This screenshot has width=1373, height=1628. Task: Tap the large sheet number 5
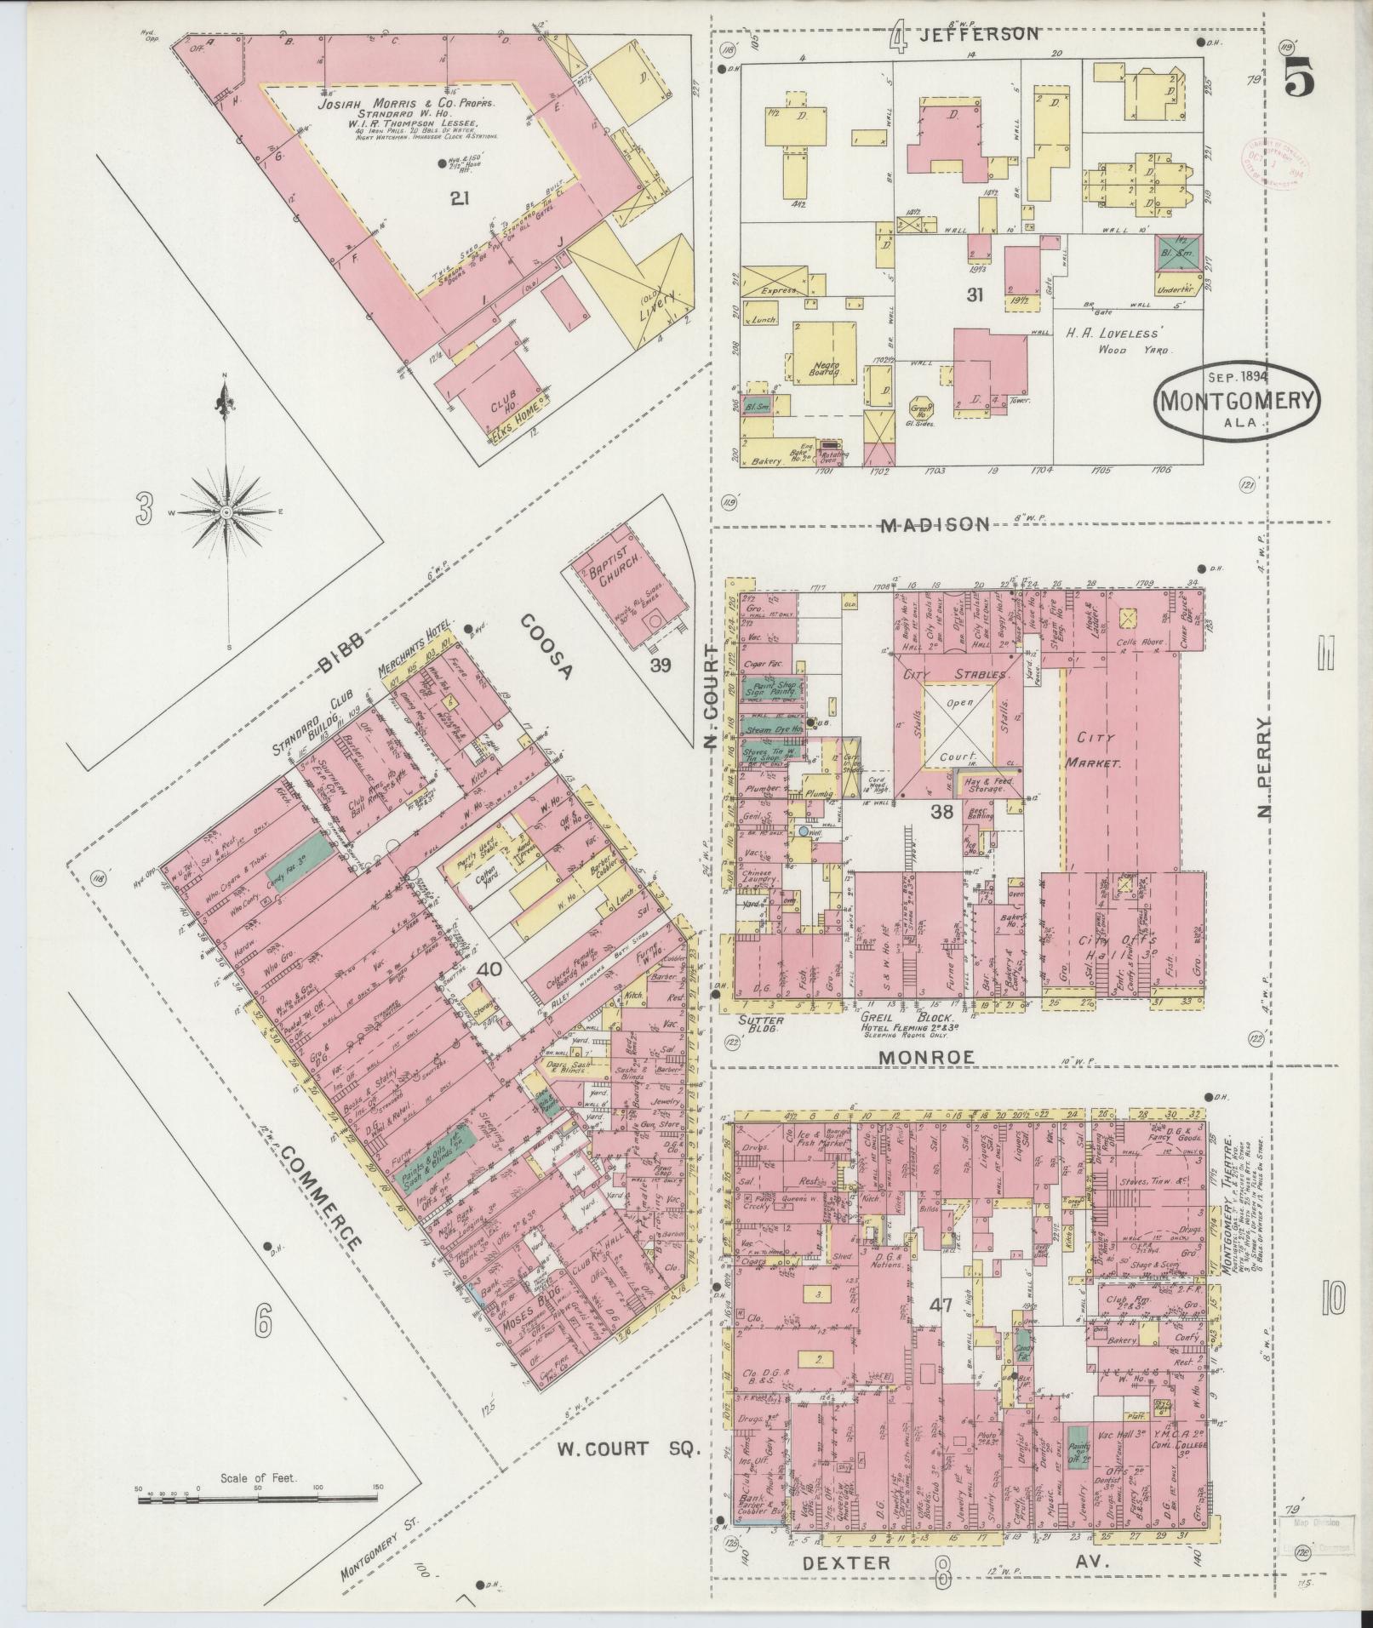click(1297, 81)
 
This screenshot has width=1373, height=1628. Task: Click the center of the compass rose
click(226, 512)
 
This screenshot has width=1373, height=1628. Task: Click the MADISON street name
click(935, 525)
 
